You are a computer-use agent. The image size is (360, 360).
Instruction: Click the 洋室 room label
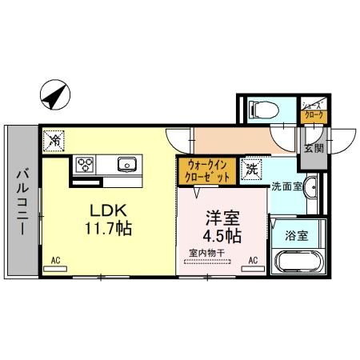pyautogui.click(x=221, y=217)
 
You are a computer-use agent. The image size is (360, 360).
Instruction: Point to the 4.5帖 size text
pyautogui.click(x=222, y=237)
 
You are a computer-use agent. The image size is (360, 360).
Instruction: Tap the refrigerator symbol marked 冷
pyautogui.click(x=55, y=140)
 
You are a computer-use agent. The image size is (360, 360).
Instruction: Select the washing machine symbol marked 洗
pyautogui.click(x=252, y=169)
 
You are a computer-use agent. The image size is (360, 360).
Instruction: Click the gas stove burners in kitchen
pyautogui.click(x=86, y=165)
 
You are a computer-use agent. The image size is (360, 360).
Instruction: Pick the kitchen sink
pyautogui.click(x=126, y=165)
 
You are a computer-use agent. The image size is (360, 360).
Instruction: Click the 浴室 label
pyautogui.click(x=298, y=236)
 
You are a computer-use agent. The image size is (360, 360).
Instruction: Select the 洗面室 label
pyautogui.click(x=285, y=187)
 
